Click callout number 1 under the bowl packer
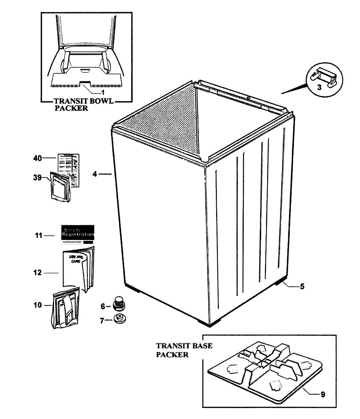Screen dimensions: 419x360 103,92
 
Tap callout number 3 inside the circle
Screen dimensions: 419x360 319,88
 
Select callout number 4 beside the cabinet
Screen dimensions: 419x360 95,174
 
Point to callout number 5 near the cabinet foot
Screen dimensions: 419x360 302,287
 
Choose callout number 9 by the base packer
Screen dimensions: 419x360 323,395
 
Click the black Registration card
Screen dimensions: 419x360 78,233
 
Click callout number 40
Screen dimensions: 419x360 37,158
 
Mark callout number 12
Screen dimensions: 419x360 37,273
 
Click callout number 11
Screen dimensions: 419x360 38,236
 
